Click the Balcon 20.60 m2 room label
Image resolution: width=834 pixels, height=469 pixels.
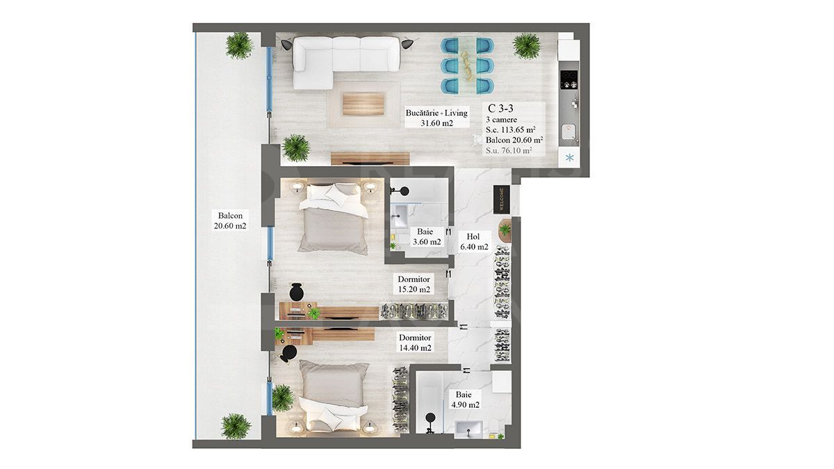[x=230, y=220]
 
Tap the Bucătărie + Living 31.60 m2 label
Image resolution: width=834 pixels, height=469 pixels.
[x=436, y=118]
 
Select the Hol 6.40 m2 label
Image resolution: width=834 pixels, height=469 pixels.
[x=473, y=241]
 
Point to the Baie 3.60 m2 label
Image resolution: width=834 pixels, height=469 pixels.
[x=425, y=237]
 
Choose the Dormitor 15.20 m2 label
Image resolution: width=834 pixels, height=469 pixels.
[x=414, y=284]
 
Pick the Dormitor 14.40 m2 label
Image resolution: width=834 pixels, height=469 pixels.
[x=414, y=343]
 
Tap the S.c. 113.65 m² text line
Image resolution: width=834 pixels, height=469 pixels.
[x=510, y=129]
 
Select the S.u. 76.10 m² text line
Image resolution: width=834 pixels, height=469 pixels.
[x=509, y=150]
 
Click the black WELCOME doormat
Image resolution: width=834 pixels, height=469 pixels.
[x=501, y=199]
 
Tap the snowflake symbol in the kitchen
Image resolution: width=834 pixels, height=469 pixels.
[x=570, y=158]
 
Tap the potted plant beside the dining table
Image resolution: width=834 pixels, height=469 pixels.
[x=526, y=46]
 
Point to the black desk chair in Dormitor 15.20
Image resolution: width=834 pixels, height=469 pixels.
[x=297, y=290]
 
